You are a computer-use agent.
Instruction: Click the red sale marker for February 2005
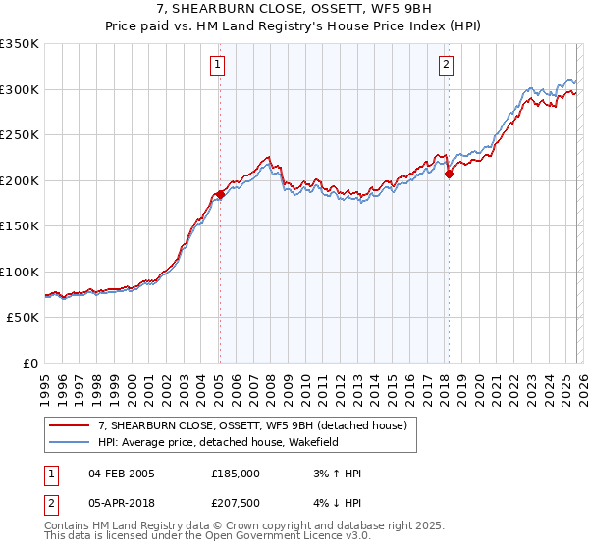tap(220, 194)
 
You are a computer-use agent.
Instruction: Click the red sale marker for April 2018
tap(449, 175)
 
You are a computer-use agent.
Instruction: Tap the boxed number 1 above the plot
tap(217, 66)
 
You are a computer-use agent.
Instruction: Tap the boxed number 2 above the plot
tap(446, 66)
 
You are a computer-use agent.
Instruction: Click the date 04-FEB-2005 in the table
tap(121, 474)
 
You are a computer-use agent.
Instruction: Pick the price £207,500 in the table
tap(235, 504)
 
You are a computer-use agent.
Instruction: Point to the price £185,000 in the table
tap(235, 474)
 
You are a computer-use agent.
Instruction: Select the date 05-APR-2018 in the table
tap(121, 504)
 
